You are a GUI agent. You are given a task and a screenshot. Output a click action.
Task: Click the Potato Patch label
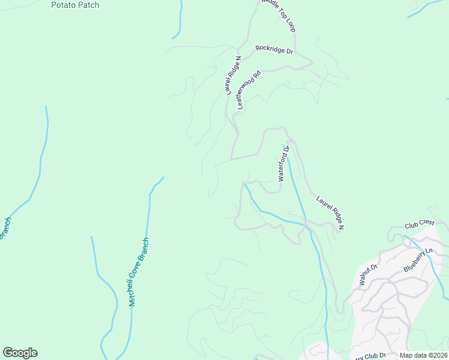(75, 5)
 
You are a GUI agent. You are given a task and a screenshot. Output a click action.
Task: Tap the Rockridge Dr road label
(274, 50)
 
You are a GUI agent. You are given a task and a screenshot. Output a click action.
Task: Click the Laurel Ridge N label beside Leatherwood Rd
(233, 76)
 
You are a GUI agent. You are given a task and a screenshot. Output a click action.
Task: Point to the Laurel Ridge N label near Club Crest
(330, 211)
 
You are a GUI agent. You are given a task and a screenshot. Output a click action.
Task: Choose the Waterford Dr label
(283, 163)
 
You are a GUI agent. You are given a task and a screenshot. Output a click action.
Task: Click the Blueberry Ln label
(418, 260)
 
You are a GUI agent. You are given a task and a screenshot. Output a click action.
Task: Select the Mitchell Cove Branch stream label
(139, 272)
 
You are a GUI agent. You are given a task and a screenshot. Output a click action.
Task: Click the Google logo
(20, 353)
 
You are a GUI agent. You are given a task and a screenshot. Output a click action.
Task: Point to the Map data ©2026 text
(424, 355)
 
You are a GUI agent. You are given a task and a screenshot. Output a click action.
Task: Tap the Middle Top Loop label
(279, 16)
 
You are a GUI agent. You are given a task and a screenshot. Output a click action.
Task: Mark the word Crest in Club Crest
(427, 223)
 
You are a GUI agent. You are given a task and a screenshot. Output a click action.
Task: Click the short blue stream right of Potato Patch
(179, 21)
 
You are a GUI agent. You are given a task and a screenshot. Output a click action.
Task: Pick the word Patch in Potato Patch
(89, 5)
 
